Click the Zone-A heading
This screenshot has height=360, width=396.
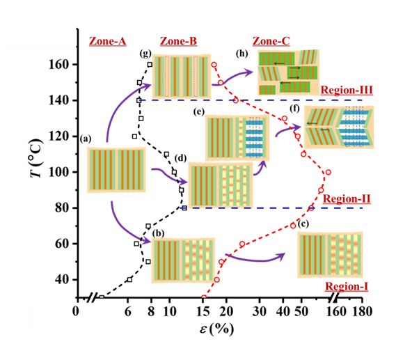107,41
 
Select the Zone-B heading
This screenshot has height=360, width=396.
178,41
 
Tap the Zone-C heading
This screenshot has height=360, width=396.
271,41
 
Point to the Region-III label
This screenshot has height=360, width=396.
347,91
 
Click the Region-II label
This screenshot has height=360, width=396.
347,199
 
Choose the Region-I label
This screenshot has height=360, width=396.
347,286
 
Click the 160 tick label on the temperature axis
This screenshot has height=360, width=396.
58,65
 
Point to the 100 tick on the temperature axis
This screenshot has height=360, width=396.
58,172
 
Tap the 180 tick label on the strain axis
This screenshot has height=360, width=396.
362,311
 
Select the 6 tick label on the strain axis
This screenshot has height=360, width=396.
128,311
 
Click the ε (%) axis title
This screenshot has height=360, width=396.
216,329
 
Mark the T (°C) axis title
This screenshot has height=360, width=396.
36,158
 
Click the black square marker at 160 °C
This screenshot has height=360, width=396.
150,65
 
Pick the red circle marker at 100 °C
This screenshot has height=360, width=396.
328,172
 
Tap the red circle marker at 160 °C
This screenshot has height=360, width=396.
214,65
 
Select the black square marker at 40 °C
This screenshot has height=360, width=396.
129,280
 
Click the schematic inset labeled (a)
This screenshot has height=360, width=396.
116,170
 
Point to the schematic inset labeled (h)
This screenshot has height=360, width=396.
288,72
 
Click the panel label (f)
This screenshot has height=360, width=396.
294,109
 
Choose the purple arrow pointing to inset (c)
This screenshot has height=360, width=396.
255,259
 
